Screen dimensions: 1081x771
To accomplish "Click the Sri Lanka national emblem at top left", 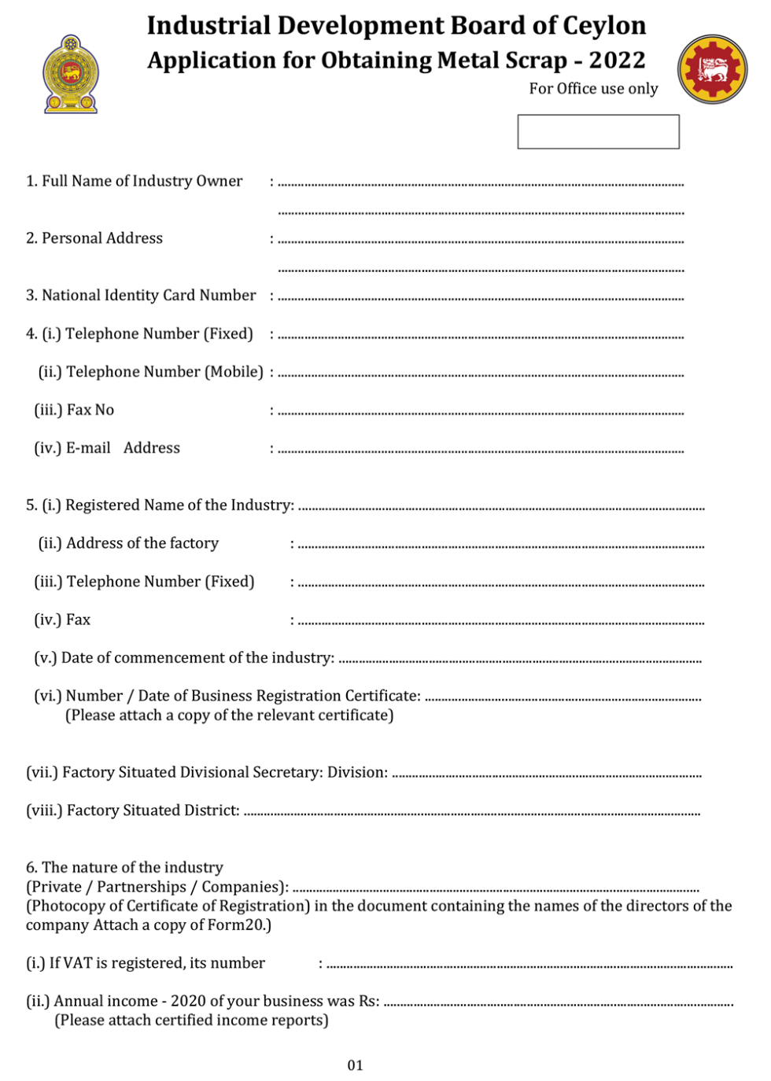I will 71,75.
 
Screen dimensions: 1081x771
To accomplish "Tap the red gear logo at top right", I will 713,70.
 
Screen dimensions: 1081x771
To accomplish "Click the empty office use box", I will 598,131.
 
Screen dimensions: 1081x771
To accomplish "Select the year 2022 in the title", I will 617,61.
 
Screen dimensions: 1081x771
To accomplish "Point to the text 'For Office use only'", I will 593,89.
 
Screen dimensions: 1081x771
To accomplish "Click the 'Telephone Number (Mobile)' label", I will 164,372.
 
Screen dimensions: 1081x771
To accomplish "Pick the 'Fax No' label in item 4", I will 90,410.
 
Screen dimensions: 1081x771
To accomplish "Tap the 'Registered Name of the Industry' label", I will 179,505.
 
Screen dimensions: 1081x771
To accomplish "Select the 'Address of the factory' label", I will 142,543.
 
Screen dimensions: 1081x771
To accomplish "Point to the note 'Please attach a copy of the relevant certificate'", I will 229,715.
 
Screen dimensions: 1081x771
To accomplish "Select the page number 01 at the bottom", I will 356,1065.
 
